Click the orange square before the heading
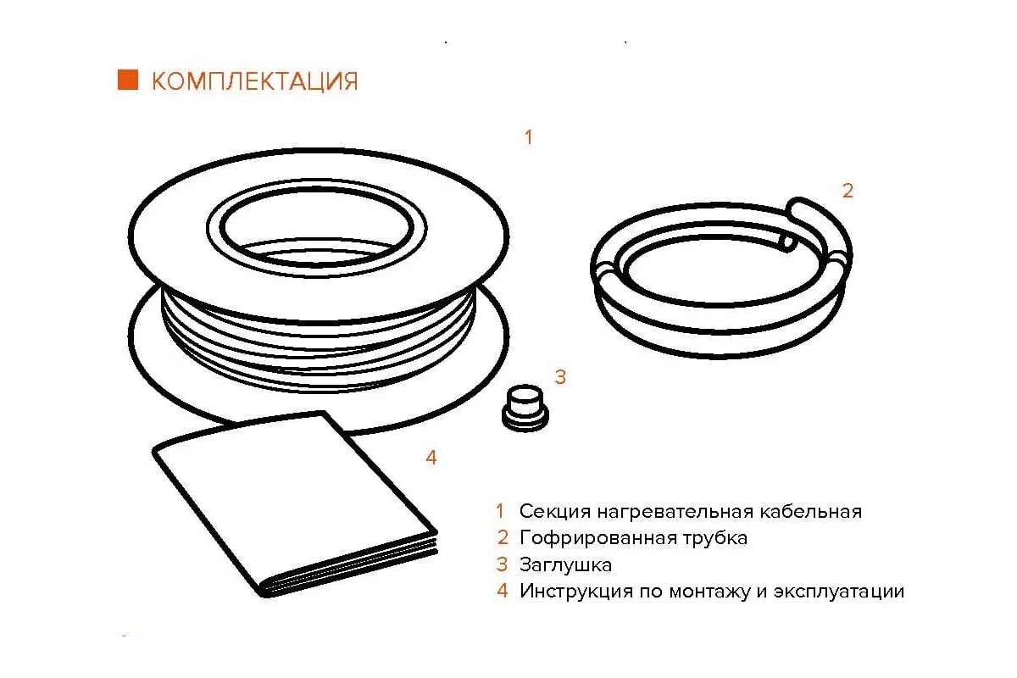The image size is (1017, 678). [128, 80]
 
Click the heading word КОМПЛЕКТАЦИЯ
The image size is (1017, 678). [255, 81]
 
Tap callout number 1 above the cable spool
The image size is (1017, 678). [529, 136]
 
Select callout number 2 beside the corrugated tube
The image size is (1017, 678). [847, 191]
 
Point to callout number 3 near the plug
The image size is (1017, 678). [560, 377]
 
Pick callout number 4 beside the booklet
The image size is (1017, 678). [431, 458]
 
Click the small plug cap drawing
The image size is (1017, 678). [525, 408]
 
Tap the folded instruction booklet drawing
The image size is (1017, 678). [295, 504]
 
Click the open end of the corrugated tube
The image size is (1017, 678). [786, 242]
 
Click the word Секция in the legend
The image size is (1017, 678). [555, 511]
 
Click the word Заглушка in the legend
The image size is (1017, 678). [566, 565]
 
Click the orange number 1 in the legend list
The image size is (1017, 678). [500, 511]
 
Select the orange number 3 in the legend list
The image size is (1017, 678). [502, 564]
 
